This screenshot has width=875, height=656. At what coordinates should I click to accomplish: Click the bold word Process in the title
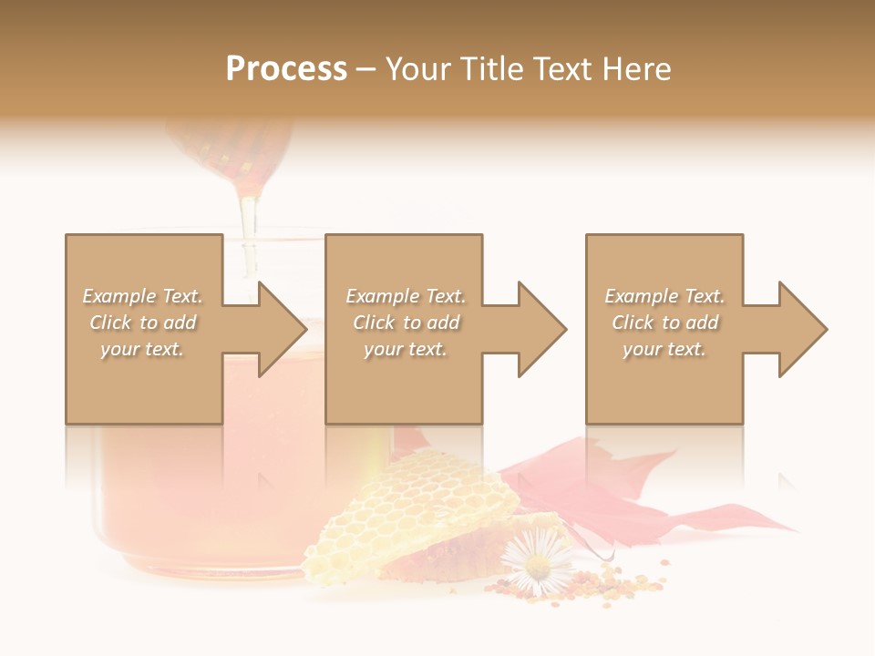(286, 69)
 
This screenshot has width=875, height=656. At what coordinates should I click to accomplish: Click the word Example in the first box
(118, 296)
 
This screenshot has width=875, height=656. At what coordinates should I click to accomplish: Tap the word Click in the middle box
(373, 323)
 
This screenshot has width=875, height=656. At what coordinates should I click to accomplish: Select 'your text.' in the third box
(664, 349)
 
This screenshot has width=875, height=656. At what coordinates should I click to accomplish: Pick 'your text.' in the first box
(142, 349)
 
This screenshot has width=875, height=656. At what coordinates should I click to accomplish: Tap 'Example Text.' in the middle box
(405, 296)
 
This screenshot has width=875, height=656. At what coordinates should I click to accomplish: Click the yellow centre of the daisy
(537, 567)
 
